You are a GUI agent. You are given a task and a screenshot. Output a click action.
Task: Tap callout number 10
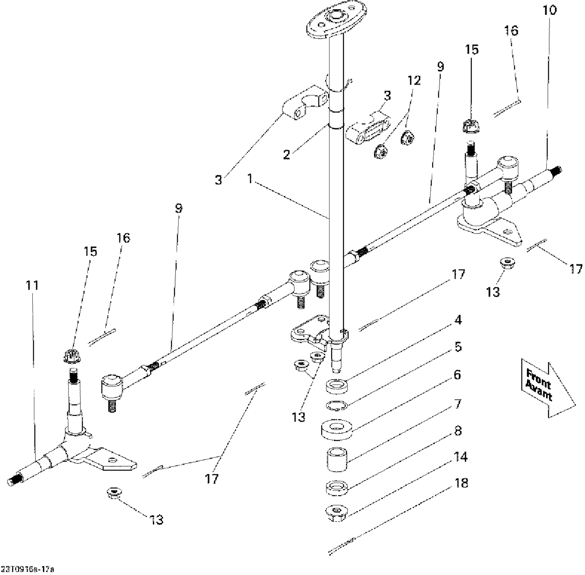point(550,11)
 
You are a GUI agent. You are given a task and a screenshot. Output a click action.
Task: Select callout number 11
point(32,286)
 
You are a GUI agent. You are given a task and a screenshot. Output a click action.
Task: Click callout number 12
point(414,81)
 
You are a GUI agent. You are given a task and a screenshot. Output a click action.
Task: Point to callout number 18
point(461,483)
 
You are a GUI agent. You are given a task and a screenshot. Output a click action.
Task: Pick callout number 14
point(461,456)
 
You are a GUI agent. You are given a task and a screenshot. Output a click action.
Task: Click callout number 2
point(287,155)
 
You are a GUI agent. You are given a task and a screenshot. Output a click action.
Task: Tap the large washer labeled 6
point(338,427)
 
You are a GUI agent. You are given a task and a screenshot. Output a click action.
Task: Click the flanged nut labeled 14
point(337,511)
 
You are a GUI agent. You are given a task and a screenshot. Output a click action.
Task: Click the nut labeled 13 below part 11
point(113,492)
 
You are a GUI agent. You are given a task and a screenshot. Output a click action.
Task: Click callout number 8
point(458,431)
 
